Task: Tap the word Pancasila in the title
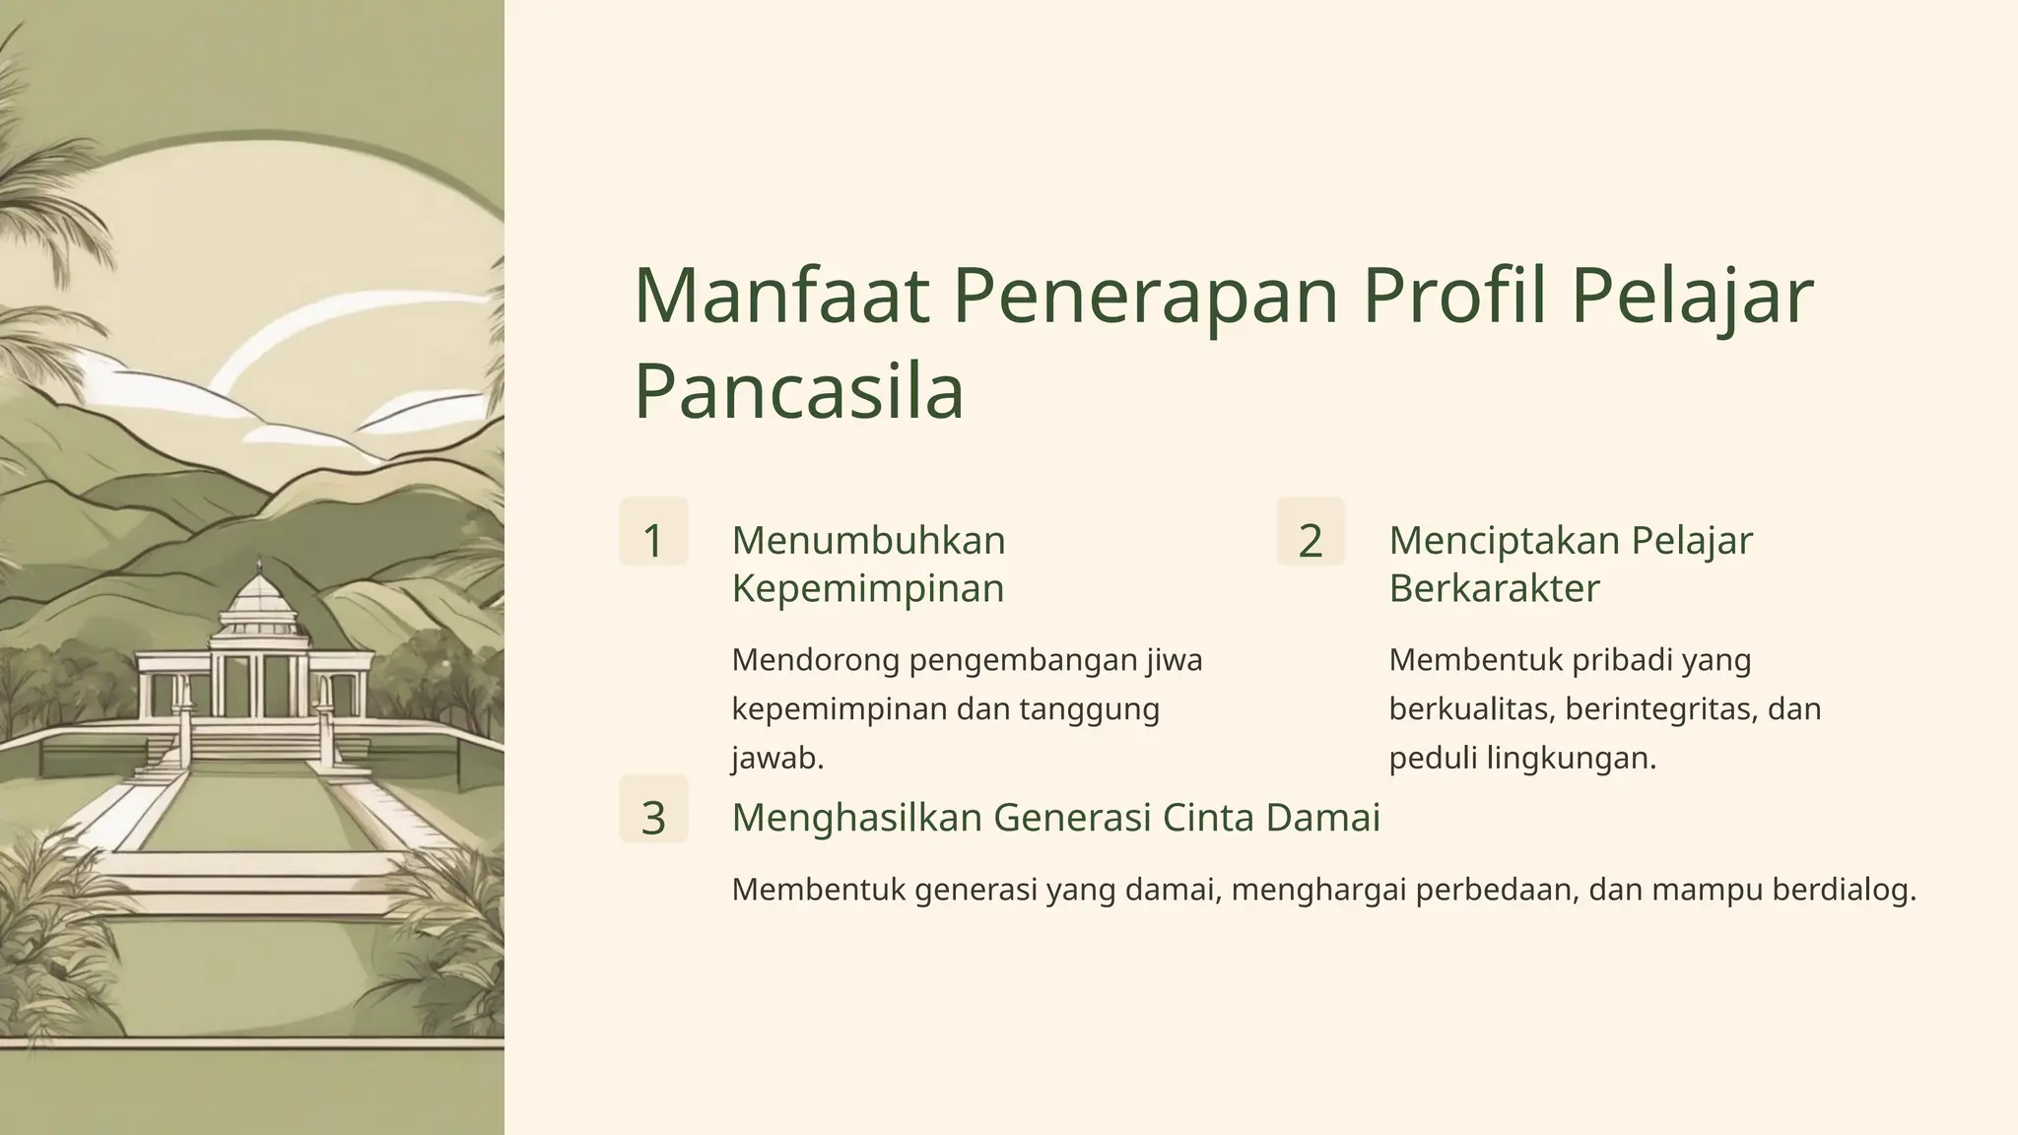798,392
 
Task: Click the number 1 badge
653,540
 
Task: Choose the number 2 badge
1311,540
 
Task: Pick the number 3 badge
653,818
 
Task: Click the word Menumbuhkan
868,540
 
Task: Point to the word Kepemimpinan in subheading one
868,588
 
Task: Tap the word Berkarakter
1494,588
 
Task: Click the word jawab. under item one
777,758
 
